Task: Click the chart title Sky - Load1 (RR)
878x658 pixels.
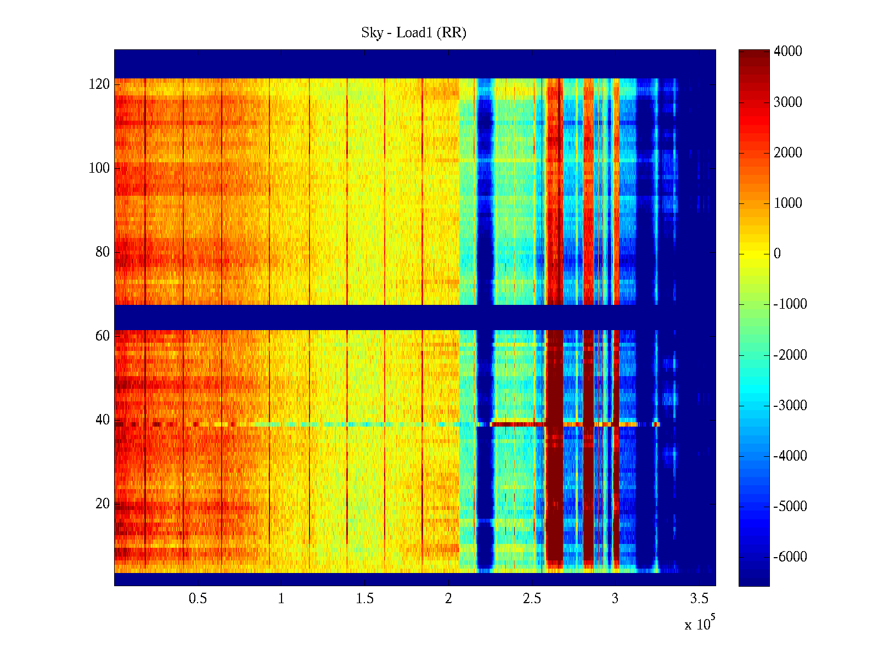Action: tap(413, 33)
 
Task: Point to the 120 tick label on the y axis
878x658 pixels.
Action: tap(99, 84)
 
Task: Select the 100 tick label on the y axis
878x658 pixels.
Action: tap(99, 168)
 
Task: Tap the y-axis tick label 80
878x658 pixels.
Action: tap(103, 252)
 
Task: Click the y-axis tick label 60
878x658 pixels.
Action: tap(103, 336)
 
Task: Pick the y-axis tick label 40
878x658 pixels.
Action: tap(103, 420)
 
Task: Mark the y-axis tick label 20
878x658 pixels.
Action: tap(103, 504)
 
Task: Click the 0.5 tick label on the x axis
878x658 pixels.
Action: tap(198, 599)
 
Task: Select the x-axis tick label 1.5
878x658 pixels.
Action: tap(365, 599)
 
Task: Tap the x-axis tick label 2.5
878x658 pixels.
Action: tap(532, 599)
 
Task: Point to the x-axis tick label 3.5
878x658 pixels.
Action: tap(699, 599)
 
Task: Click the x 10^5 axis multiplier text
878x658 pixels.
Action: tap(699, 624)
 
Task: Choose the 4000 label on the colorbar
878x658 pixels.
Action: tap(787, 52)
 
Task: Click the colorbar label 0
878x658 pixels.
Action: tap(777, 254)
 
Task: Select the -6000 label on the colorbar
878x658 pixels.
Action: tap(790, 557)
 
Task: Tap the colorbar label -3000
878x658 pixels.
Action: tap(790, 406)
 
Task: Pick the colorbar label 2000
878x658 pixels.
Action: tap(787, 153)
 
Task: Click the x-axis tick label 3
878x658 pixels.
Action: tap(615, 599)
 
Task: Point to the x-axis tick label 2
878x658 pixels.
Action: tap(448, 599)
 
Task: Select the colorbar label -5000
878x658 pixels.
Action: tap(790, 507)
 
